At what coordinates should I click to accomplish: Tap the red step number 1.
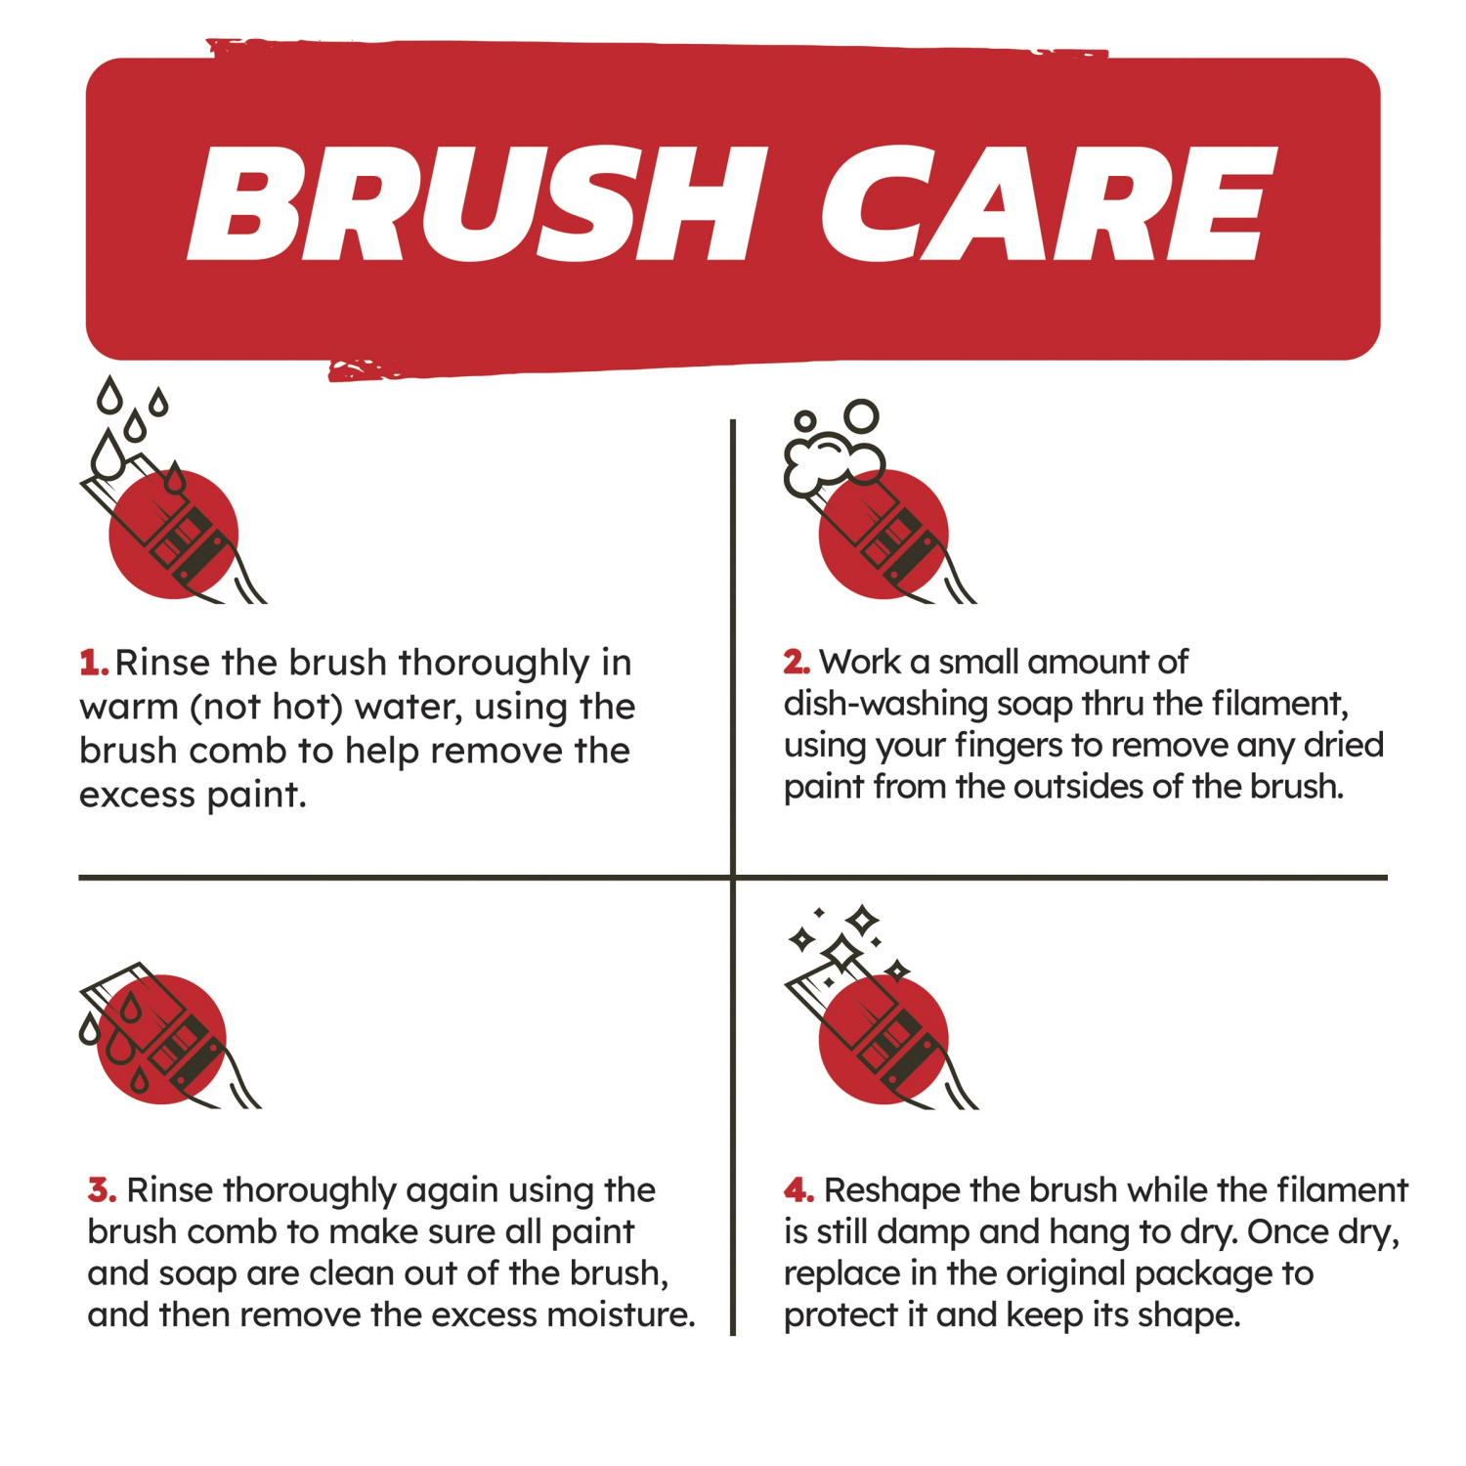[x=93, y=663]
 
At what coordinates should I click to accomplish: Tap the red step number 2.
[x=796, y=663]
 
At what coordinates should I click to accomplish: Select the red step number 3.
[x=102, y=1190]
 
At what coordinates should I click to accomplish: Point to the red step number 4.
[x=798, y=1190]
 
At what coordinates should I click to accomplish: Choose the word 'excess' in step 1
[x=137, y=796]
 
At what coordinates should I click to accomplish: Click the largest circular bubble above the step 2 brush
[x=861, y=416]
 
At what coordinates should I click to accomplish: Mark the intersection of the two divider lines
[x=732, y=878]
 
